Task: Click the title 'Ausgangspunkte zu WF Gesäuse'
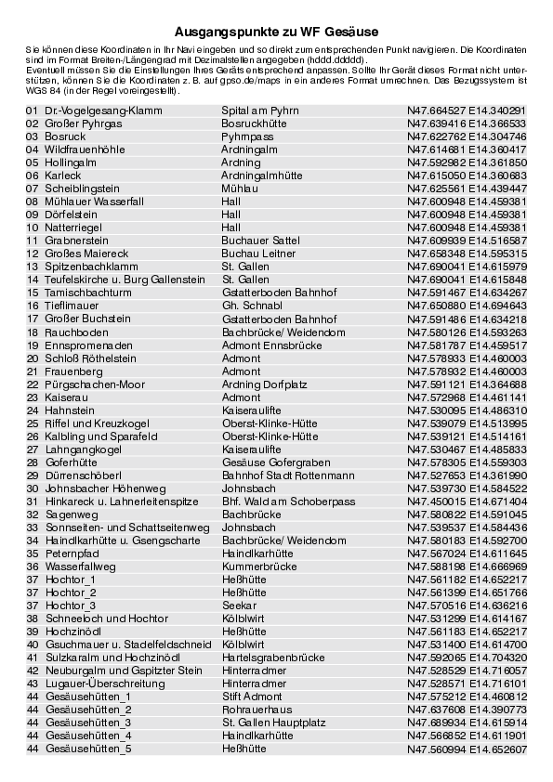[275, 32]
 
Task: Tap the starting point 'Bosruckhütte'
[253, 123]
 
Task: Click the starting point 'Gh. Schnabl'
[251, 306]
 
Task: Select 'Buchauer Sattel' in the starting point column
[260, 241]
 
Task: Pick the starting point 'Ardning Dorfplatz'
[265, 384]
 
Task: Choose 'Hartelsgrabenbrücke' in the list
[273, 657]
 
